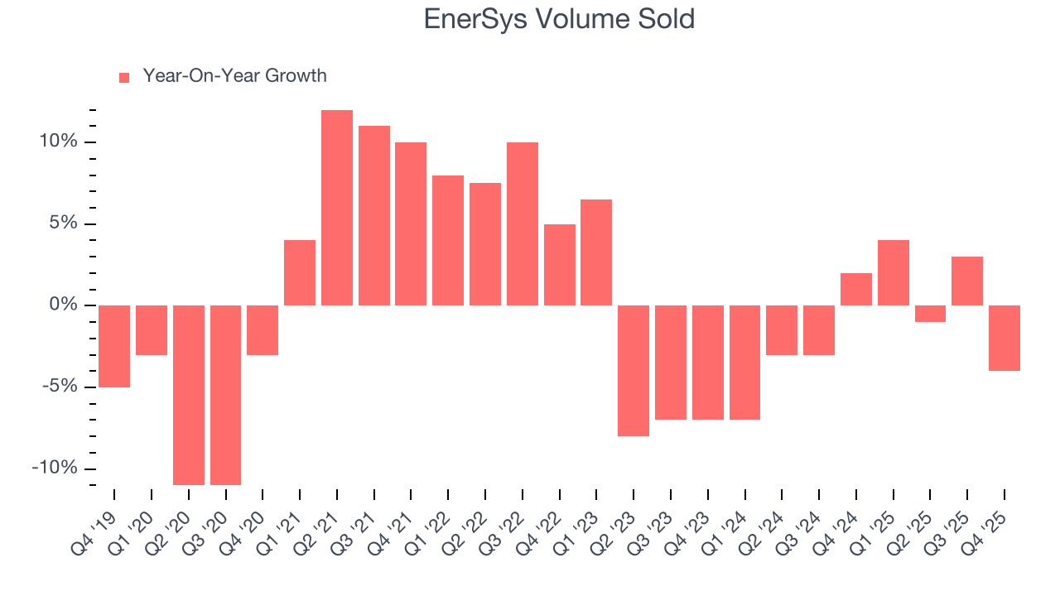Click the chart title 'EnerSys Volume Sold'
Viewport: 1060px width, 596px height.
[x=559, y=19]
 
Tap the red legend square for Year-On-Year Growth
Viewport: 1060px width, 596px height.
[x=124, y=77]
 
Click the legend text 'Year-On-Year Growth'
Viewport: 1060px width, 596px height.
[x=234, y=76]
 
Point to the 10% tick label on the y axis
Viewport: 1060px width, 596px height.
[x=58, y=142]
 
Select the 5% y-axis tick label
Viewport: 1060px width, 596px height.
[x=63, y=224]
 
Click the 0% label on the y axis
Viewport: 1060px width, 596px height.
[x=63, y=305]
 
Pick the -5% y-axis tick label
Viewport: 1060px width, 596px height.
[x=60, y=387]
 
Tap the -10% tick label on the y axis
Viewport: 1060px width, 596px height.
[x=55, y=469]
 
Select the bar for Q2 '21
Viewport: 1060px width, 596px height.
[x=337, y=208]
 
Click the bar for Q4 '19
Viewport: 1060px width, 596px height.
[x=114, y=346]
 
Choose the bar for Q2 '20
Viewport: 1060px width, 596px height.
[x=189, y=395]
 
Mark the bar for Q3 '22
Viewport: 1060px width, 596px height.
[x=523, y=223]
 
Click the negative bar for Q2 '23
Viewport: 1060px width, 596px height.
[x=634, y=370]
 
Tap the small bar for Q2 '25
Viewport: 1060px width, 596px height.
[x=930, y=314]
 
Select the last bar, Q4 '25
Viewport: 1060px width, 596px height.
[x=1005, y=338]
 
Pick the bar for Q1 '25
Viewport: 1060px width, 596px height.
[x=894, y=272]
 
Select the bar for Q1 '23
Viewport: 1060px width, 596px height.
[x=596, y=252]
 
